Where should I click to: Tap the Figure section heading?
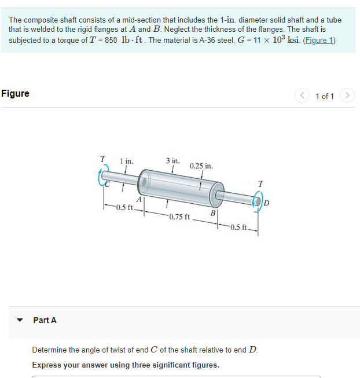point(16,94)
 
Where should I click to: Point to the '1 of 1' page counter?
point(325,96)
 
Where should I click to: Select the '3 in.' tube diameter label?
point(172,160)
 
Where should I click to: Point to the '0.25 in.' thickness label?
point(201,166)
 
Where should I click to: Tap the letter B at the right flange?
point(213,213)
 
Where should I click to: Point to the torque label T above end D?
point(260,184)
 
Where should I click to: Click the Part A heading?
point(45,320)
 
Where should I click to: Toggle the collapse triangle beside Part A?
point(20,320)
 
